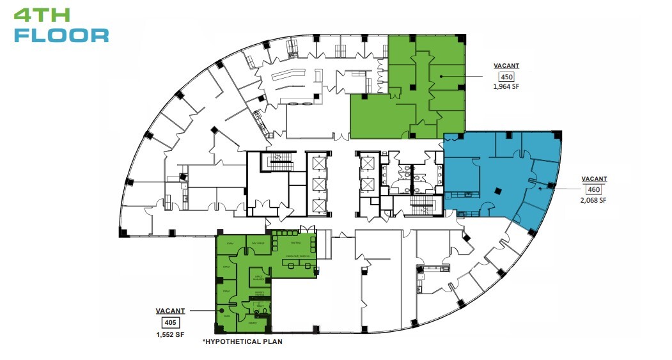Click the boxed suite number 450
pos(506,77)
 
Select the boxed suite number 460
pos(595,189)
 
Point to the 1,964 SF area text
pos(506,87)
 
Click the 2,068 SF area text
pos(594,200)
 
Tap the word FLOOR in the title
pos(61,35)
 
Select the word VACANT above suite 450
pos(506,66)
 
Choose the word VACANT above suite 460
pos(594,178)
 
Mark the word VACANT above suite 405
pos(170,311)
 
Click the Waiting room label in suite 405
pos(295,242)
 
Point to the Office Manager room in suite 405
pos(260,277)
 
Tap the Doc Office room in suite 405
pos(258,243)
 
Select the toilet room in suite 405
pos(260,306)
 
